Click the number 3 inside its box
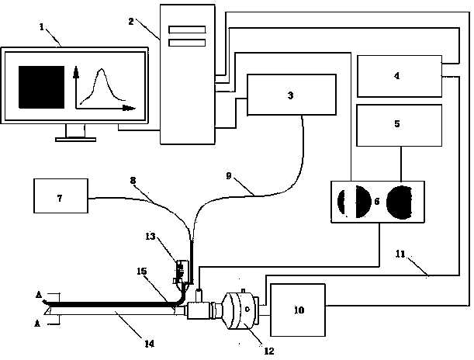pyautogui.click(x=290, y=95)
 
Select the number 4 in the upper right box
pyautogui.click(x=396, y=75)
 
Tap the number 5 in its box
pyautogui.click(x=397, y=123)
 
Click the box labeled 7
pyautogui.click(x=61, y=196)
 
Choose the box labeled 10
pyautogui.click(x=298, y=310)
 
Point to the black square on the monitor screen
pyautogui.click(x=41, y=87)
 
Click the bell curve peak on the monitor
pyautogui.click(x=102, y=70)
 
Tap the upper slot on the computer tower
pyautogui.click(x=187, y=29)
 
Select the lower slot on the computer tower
pyautogui.click(x=187, y=43)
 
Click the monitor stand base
pyautogui.click(x=75, y=140)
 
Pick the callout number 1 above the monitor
pyautogui.click(x=42, y=27)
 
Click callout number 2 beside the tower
pyautogui.click(x=131, y=22)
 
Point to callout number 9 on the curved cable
pyautogui.click(x=229, y=175)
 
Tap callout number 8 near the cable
pyautogui.click(x=133, y=181)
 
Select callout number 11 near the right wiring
pyautogui.click(x=400, y=254)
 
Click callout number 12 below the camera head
pyautogui.click(x=268, y=351)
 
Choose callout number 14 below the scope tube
pyautogui.click(x=149, y=344)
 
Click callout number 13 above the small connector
pyautogui.click(x=151, y=237)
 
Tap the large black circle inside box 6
pyautogui.click(x=400, y=202)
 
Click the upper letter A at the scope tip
pyautogui.click(x=39, y=294)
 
